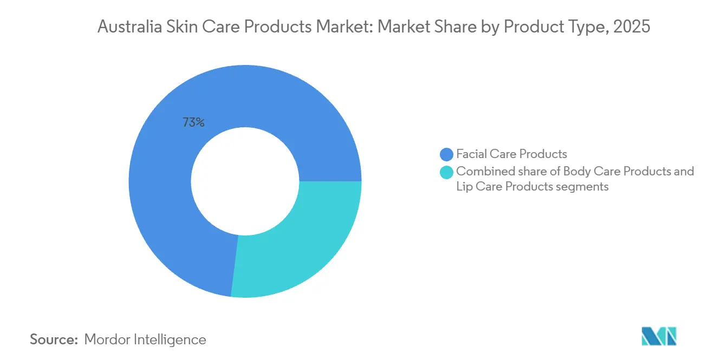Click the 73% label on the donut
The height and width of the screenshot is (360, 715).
(193, 123)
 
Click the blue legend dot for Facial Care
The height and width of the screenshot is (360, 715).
(447, 154)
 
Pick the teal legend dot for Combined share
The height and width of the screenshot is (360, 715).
(447, 172)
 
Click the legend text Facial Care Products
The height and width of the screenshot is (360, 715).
(511, 154)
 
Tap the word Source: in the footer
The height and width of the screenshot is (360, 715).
(54, 339)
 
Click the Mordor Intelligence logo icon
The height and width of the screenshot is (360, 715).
(659, 336)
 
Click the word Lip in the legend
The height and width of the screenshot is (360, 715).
(464, 187)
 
